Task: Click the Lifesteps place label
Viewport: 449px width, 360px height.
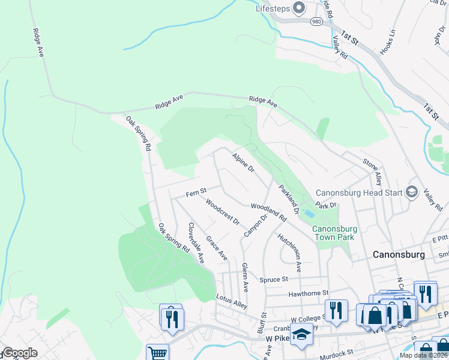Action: point(274,8)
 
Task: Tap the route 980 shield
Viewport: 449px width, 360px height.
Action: point(316,22)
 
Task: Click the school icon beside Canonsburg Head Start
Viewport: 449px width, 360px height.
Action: point(412,191)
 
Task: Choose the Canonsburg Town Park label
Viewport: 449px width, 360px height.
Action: point(334,233)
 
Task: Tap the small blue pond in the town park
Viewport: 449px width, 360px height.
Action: point(309,213)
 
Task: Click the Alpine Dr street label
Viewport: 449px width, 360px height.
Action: point(243,161)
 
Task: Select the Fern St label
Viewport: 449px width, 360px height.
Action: point(196,192)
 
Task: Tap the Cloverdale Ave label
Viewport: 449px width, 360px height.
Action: point(196,243)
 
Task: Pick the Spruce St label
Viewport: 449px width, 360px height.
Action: point(274,279)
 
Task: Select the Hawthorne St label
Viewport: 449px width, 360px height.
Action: point(309,293)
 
